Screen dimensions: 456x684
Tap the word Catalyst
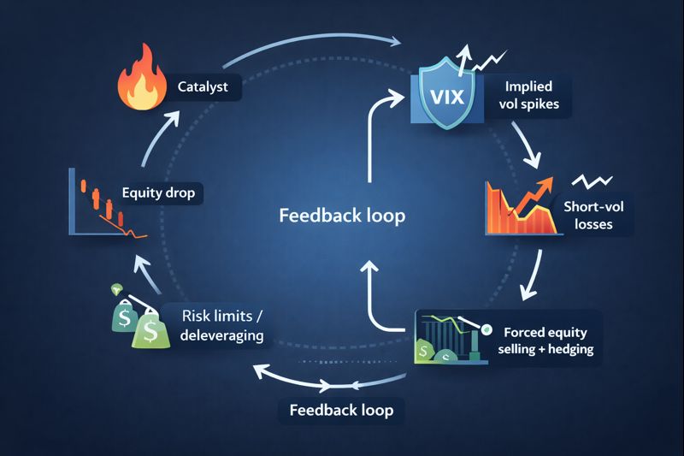(203, 86)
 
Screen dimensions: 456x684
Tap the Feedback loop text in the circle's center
(342, 215)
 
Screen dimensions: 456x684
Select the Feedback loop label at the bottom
(341, 410)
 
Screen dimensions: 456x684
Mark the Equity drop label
(157, 193)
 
